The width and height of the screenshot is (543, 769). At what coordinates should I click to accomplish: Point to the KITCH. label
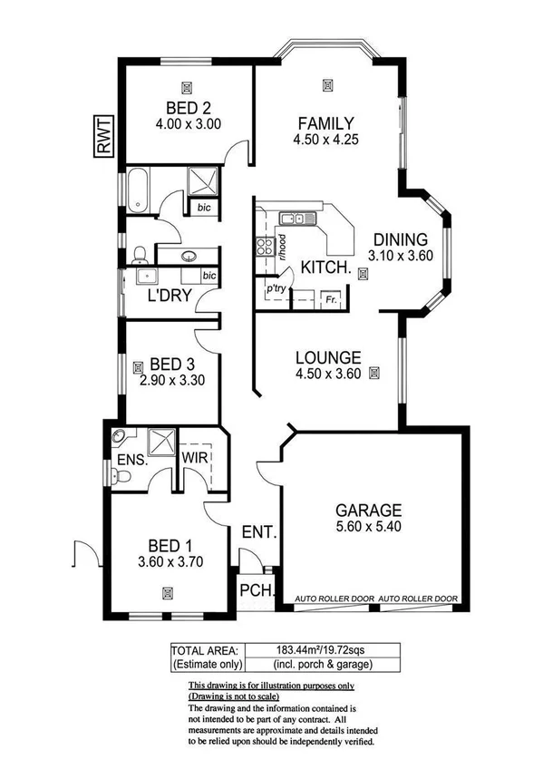326,268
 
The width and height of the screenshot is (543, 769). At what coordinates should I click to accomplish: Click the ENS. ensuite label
131,471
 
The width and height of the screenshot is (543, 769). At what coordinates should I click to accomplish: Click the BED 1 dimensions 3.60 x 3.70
169,561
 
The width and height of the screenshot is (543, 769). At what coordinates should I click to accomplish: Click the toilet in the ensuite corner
119,438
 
